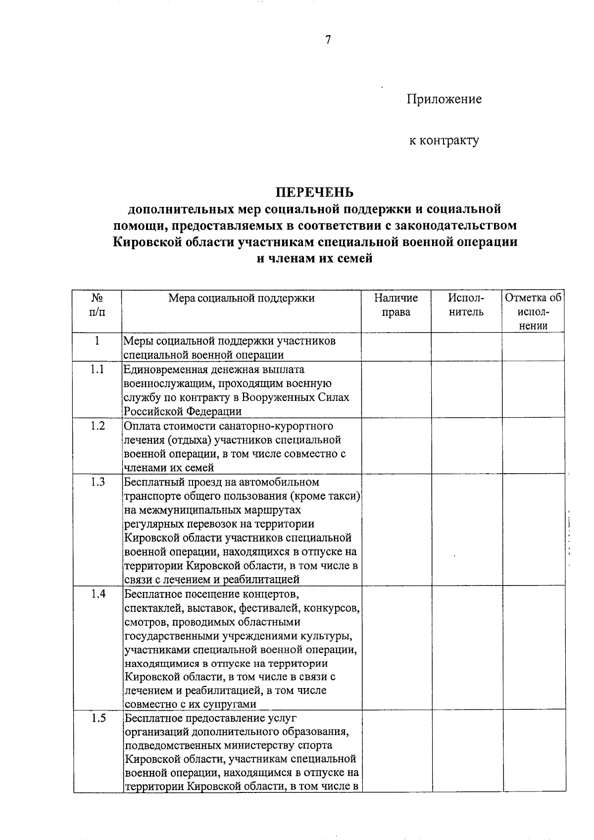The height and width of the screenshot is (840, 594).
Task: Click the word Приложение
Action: (444, 99)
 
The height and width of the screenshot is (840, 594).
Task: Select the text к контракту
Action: (444, 141)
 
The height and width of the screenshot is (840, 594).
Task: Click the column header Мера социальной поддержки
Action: (241, 298)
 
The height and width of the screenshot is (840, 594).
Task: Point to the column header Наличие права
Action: (396, 305)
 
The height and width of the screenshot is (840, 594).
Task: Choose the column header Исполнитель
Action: (466, 305)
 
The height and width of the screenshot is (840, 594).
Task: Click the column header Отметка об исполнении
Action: (533, 312)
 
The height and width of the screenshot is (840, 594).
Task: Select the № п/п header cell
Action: (97, 305)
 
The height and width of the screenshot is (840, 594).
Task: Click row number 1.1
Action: (97, 370)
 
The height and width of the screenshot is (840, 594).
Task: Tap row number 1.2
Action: (98, 426)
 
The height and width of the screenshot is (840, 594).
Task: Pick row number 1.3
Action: (98, 482)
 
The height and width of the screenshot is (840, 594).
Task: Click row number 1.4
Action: (98, 594)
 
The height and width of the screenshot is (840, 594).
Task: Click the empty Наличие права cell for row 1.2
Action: (396, 446)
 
